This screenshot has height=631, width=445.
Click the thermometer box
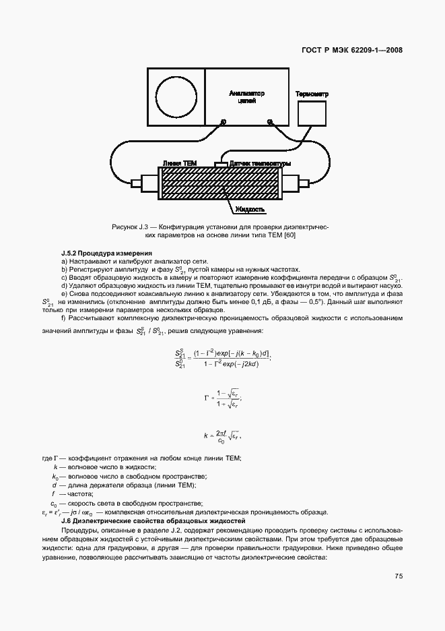311,113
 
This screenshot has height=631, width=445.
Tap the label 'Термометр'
312,94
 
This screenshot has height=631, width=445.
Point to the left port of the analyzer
222,122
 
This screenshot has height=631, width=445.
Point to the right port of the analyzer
270,122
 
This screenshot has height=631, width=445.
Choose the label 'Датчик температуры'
260,164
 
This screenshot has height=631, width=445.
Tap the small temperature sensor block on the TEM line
220,164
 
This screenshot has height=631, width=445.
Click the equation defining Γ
221,398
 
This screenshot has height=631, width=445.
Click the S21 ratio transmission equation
221,358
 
